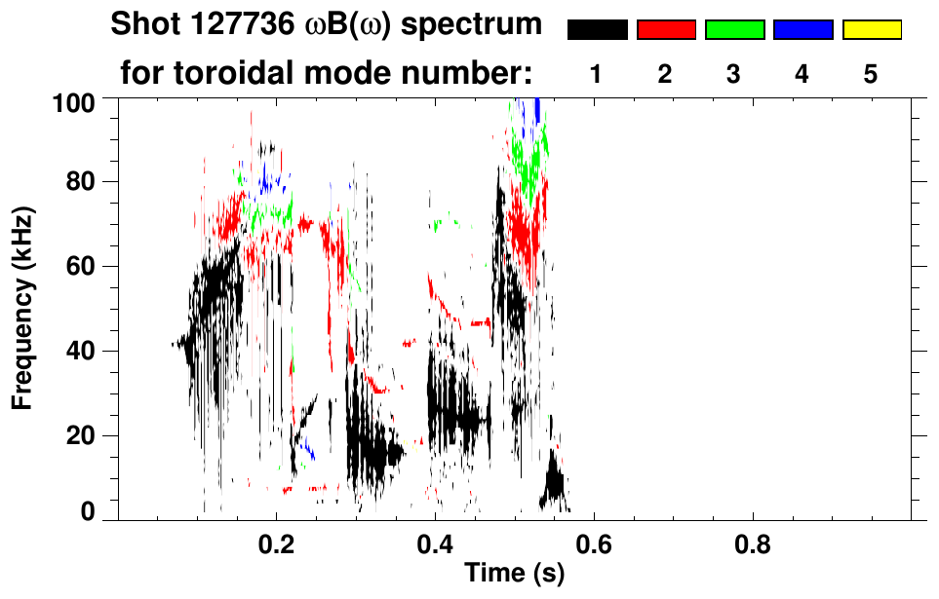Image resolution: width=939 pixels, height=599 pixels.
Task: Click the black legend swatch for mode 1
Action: click(x=598, y=30)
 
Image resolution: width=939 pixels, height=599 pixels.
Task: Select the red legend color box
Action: click(x=666, y=30)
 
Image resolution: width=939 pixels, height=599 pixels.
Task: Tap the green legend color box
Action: click(x=734, y=30)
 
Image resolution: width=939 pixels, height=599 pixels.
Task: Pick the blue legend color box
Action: click(x=802, y=30)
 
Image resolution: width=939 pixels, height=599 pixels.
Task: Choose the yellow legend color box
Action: click(x=871, y=30)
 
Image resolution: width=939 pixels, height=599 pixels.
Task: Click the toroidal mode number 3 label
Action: click(x=734, y=74)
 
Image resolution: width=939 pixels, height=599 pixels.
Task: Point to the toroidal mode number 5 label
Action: click(x=871, y=74)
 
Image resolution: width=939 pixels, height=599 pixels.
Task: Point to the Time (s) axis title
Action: click(x=514, y=574)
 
